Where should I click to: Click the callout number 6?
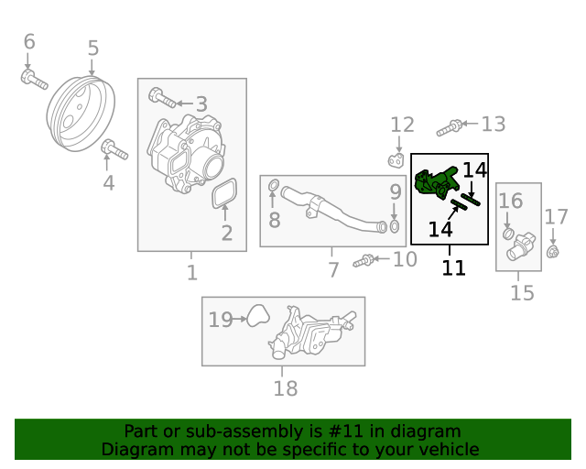[x=28, y=41]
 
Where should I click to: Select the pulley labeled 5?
[x=82, y=112]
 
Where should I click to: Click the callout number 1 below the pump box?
[x=191, y=272]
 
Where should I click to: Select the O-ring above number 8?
[x=273, y=189]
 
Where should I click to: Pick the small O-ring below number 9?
[x=395, y=226]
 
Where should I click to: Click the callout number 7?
[x=333, y=269]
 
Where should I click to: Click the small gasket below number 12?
[x=396, y=161]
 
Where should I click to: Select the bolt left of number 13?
[x=449, y=127]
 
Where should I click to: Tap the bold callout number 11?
[x=453, y=267]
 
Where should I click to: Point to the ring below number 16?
[x=509, y=234]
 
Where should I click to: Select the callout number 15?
[x=522, y=293]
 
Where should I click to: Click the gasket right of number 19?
[x=257, y=318]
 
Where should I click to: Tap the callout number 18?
[x=285, y=388]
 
